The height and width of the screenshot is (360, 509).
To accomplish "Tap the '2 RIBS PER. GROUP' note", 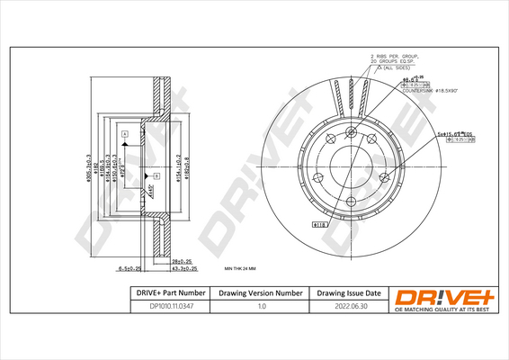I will [397, 57].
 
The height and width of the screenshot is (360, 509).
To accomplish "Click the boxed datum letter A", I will [124, 133].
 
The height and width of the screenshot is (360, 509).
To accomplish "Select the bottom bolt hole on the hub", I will [350, 202].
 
